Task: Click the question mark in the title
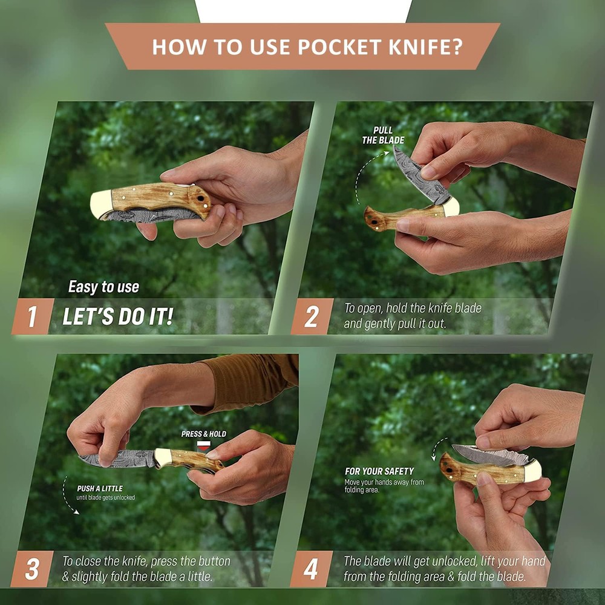tap(456, 47)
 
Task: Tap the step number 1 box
tap(33, 316)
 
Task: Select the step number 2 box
tap(312, 316)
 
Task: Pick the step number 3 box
tap(33, 569)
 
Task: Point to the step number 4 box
tap(311, 569)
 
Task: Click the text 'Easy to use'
tap(104, 287)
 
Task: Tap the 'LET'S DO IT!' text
tap(118, 316)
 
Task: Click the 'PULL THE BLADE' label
tap(383, 135)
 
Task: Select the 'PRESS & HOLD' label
tap(204, 434)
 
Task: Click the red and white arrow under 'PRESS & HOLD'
tap(203, 446)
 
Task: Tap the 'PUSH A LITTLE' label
tap(100, 488)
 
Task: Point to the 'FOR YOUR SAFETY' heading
tap(379, 471)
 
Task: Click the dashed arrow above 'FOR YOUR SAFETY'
tap(436, 448)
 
